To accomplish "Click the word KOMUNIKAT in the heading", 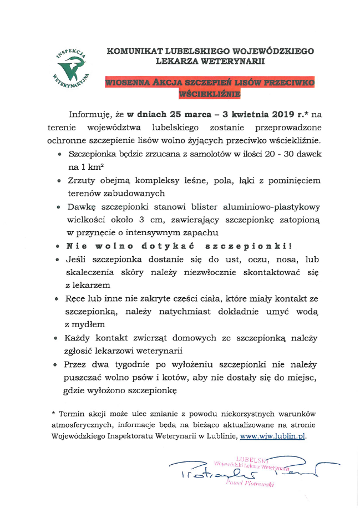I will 131,51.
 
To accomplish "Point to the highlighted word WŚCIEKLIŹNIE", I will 210,94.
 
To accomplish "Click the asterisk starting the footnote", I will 53,413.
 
